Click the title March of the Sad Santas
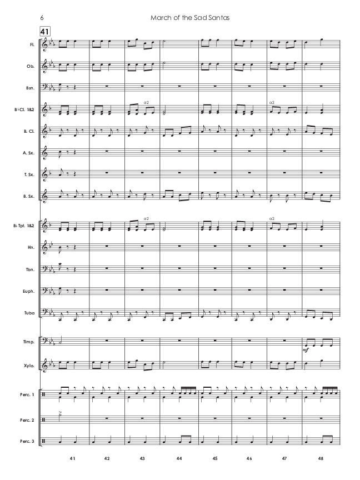click(190, 17)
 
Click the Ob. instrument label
click(31, 65)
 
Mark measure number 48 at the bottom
click(322, 459)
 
